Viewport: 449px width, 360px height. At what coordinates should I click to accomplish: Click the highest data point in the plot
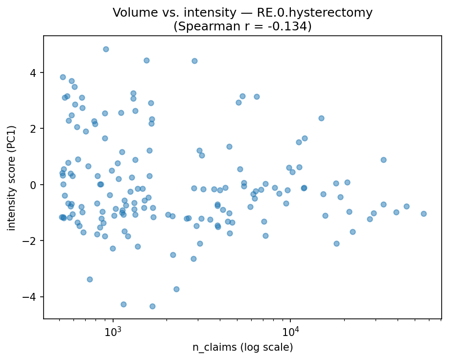tap(106, 49)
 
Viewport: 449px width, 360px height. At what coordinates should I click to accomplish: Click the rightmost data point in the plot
tap(424, 214)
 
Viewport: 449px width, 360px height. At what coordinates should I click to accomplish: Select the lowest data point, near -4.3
tap(152, 306)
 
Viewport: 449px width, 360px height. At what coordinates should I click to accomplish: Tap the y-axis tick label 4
tap(34, 73)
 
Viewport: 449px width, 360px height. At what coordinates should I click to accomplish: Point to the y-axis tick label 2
tap(34, 129)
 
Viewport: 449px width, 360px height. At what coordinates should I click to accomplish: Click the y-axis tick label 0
tap(34, 185)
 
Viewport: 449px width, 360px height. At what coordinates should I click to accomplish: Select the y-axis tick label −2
tap(31, 241)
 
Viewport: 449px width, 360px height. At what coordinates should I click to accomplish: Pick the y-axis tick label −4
tap(31, 297)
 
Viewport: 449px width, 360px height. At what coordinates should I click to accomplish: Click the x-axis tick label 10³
tap(113, 331)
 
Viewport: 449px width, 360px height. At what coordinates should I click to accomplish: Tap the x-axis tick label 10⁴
tap(290, 331)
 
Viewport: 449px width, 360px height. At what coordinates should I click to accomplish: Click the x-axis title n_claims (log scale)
tap(242, 348)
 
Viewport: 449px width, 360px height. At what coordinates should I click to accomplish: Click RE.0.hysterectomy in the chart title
tap(316, 13)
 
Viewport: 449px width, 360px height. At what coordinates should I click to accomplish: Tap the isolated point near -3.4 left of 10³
tap(90, 279)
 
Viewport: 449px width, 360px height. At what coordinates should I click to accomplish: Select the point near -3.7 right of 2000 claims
tap(176, 289)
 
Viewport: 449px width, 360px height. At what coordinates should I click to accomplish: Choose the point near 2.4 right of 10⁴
tap(321, 118)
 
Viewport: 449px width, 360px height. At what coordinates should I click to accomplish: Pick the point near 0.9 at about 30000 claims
tap(383, 160)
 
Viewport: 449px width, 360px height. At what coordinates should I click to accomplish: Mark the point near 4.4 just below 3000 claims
tap(194, 61)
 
